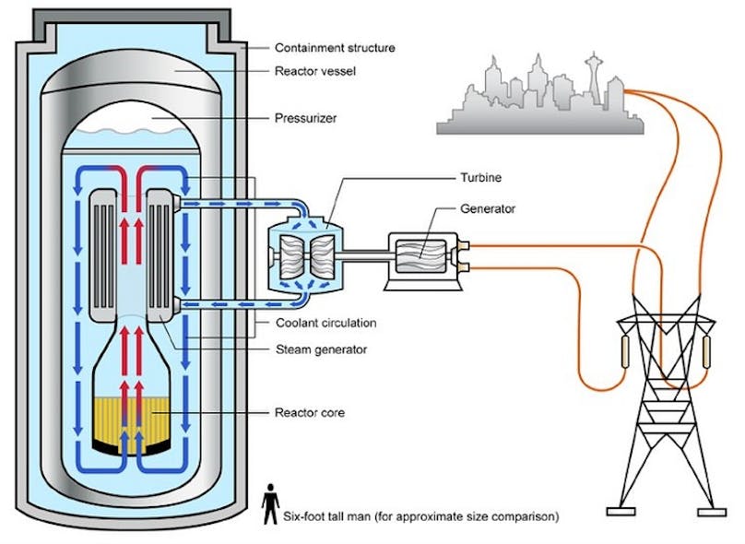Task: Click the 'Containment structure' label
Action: click(x=336, y=46)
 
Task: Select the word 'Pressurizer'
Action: click(x=306, y=117)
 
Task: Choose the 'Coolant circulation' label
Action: click(x=326, y=323)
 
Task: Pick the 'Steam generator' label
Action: click(x=322, y=349)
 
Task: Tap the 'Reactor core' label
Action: click(x=310, y=412)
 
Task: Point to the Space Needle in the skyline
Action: click(x=591, y=78)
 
